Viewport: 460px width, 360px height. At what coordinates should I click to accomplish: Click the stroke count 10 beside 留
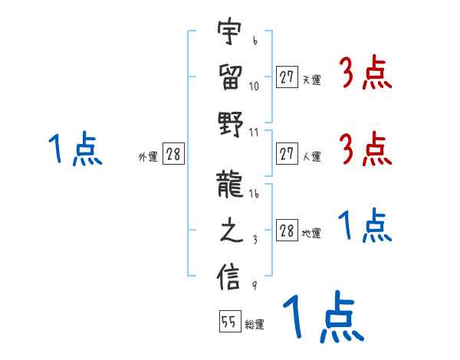(254, 86)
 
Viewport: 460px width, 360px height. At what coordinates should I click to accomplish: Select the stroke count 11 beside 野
(254, 133)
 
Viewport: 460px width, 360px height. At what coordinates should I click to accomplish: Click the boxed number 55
(229, 322)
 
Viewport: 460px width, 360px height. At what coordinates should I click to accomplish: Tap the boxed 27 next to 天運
(287, 77)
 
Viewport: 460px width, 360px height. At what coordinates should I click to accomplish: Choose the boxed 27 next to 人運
(287, 155)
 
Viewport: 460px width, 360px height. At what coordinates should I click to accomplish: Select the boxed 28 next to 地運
(287, 231)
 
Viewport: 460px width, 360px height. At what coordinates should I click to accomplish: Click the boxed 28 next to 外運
(173, 155)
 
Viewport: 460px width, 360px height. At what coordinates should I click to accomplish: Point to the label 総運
(255, 324)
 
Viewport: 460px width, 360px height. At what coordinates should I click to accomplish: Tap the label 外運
(147, 157)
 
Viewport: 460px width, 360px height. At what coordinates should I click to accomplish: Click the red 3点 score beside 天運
(365, 74)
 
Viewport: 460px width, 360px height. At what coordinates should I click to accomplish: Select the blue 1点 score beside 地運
(365, 227)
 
